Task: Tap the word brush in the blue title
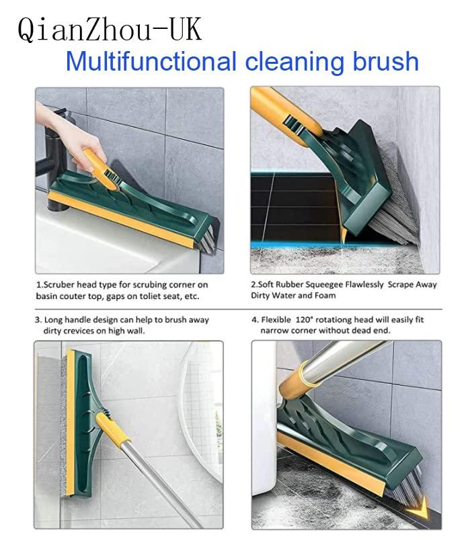click(x=386, y=62)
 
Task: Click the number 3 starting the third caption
click(x=38, y=320)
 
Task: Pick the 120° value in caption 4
click(x=313, y=320)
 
